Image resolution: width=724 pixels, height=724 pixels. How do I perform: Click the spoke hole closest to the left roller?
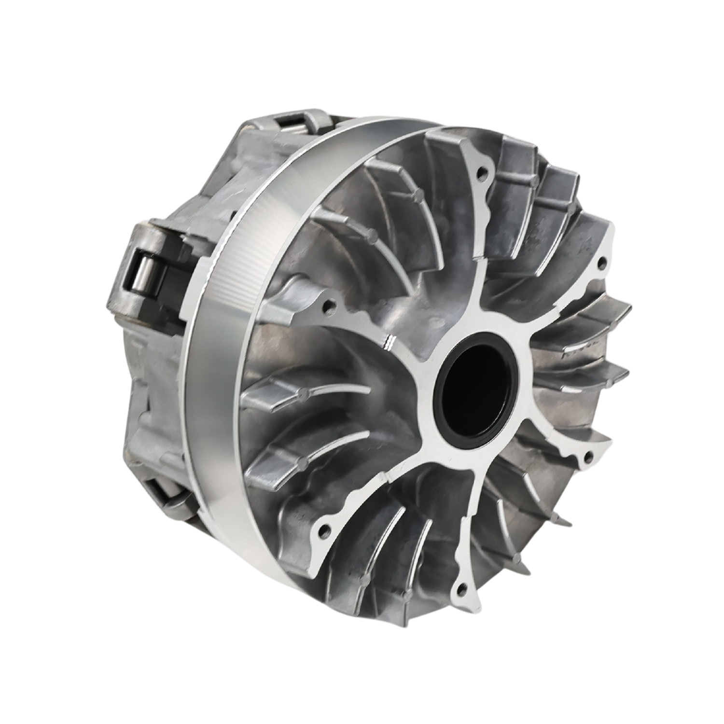tap(328, 305)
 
